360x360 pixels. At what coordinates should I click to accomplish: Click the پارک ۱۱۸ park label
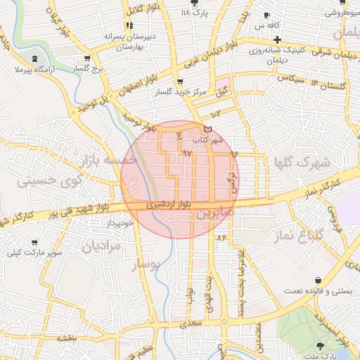pyautogui.click(x=195, y=13)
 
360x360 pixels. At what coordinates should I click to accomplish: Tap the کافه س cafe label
pyautogui.click(x=254, y=25)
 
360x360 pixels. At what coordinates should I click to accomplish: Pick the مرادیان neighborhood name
pyautogui.click(x=101, y=246)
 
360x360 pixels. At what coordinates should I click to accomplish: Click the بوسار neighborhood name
pyautogui.click(x=146, y=264)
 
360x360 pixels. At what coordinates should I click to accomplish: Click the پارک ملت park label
pyautogui.click(x=322, y=356)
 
